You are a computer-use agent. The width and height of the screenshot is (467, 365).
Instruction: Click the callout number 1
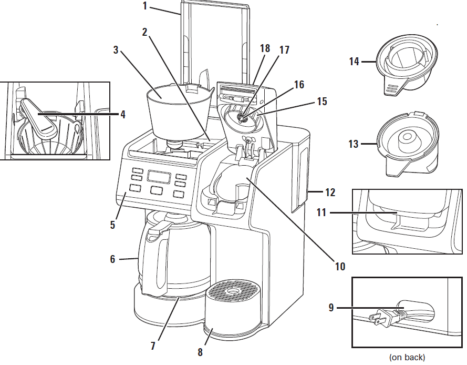[145, 6]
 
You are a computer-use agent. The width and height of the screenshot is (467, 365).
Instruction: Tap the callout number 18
[265, 48]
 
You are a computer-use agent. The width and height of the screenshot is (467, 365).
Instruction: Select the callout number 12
[330, 192]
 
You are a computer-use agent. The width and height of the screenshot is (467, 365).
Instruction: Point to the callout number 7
[153, 346]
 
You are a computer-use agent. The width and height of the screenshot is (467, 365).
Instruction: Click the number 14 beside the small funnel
[354, 62]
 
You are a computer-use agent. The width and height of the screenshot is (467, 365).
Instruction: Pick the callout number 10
[340, 266]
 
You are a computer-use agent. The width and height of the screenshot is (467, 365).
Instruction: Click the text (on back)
[407, 357]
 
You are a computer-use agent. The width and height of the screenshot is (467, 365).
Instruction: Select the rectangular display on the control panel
[159, 177]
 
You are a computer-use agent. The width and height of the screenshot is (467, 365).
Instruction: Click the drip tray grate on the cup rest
[232, 288]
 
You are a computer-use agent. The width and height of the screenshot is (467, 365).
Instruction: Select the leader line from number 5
[120, 206]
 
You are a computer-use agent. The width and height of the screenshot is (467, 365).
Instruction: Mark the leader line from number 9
[370, 308]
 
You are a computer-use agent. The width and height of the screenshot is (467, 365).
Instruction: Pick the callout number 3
[116, 50]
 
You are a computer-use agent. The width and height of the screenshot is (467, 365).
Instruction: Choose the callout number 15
[322, 102]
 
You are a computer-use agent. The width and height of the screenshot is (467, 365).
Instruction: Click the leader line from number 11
[364, 212]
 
